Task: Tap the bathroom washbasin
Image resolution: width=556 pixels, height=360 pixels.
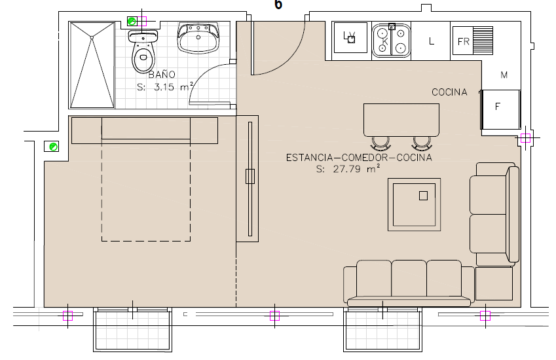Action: pyautogui.click(x=198, y=38)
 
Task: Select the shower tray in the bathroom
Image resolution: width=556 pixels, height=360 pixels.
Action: pyautogui.click(x=92, y=65)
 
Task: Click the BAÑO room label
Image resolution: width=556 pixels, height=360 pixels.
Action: pyautogui.click(x=162, y=75)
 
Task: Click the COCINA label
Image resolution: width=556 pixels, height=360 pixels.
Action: pyautogui.click(x=449, y=92)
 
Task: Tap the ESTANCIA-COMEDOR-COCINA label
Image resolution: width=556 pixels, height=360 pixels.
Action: pyautogui.click(x=359, y=157)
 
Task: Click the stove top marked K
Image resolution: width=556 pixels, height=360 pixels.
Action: pyautogui.click(x=391, y=41)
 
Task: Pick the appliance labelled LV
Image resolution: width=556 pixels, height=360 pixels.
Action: pyautogui.click(x=350, y=37)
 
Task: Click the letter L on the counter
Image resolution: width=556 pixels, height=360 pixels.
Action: pyautogui.click(x=431, y=41)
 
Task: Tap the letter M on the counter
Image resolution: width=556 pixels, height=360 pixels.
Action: pyautogui.click(x=504, y=75)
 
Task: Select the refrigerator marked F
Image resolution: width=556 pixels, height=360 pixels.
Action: pyautogui.click(x=500, y=109)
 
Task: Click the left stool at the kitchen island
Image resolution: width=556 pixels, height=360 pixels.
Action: pyautogui.click(x=380, y=143)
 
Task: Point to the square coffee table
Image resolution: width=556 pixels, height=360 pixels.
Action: pyautogui.click(x=414, y=205)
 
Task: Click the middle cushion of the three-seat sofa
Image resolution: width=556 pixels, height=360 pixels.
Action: pyautogui.click(x=409, y=278)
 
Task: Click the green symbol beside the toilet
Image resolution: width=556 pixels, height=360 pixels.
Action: pyautogui.click(x=132, y=21)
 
